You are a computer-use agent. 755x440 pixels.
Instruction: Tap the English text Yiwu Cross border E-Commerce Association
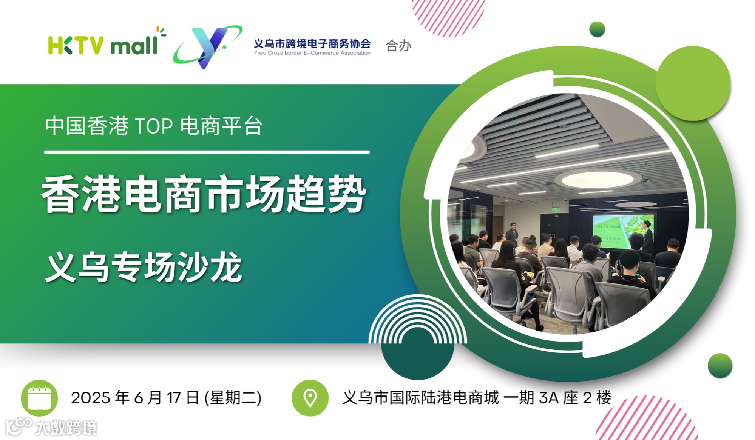[312, 53]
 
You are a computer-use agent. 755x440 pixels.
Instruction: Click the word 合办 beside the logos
[398, 46]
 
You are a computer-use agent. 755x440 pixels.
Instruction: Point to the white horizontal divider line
[207, 152]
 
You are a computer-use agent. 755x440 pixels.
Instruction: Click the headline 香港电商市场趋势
[204, 194]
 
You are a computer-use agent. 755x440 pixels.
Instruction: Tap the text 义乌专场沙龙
[144, 267]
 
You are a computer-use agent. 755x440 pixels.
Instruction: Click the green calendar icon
[39, 398]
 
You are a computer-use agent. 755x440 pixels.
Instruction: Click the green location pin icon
[310, 398]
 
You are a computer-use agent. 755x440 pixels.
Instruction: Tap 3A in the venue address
[548, 398]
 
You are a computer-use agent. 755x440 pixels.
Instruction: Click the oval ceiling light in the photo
[597, 179]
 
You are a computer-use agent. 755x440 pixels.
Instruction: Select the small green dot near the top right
[597, 29]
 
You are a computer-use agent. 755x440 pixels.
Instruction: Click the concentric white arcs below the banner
[417, 319]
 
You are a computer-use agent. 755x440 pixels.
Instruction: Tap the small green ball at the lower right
[719, 365]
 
